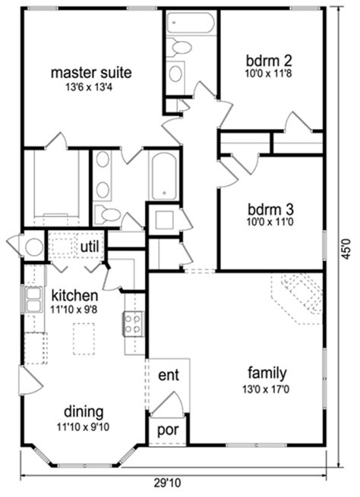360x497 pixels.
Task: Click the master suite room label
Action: (x=91, y=73)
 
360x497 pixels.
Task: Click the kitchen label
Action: (x=74, y=294)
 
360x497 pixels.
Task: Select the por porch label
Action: (x=167, y=430)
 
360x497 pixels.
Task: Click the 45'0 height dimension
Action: (x=346, y=247)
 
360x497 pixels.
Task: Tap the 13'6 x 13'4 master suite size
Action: (x=91, y=88)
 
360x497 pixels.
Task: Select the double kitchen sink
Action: (x=34, y=300)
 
